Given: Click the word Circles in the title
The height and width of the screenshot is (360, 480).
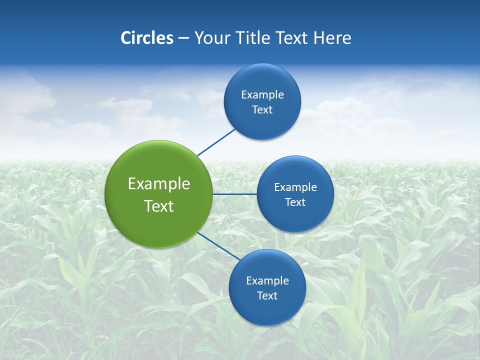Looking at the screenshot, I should [146, 38].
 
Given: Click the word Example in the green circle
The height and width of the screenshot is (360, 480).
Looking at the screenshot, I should [159, 184].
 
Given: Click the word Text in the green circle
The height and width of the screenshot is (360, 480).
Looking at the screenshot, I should [159, 206].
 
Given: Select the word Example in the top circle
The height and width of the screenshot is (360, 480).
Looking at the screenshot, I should [262, 95].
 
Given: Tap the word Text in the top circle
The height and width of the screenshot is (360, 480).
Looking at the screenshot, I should [262, 110].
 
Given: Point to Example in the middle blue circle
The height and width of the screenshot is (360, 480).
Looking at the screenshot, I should [295, 187].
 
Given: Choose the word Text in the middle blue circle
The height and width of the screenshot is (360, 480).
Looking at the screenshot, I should [295, 202].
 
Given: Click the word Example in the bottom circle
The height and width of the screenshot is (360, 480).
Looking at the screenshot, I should [267, 281].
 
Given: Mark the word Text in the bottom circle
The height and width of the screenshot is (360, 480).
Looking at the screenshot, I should [267, 296].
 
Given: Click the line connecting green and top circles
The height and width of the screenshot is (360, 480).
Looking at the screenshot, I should [216, 142].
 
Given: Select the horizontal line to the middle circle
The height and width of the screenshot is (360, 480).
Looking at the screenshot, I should [234, 194].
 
